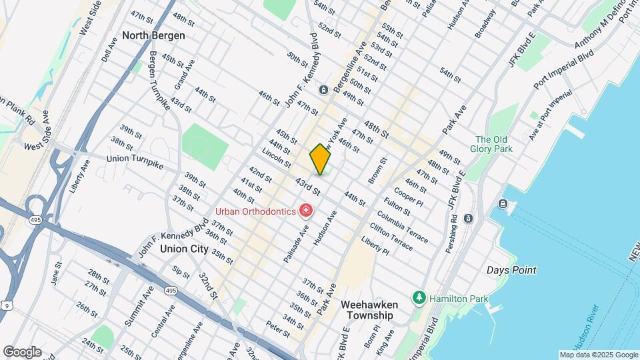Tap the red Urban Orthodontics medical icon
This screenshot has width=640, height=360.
point(306,211)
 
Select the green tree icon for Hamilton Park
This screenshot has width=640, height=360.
point(419,297)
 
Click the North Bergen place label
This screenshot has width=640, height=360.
point(153,35)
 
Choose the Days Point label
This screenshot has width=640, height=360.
point(511,270)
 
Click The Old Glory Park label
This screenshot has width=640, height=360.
point(493,144)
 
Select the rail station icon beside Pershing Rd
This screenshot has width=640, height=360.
point(468,218)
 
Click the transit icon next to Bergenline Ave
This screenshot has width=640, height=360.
point(323,90)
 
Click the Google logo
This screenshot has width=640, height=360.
point(22,351)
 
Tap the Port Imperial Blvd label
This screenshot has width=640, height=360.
point(563,71)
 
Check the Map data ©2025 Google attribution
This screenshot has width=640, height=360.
point(598,355)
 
